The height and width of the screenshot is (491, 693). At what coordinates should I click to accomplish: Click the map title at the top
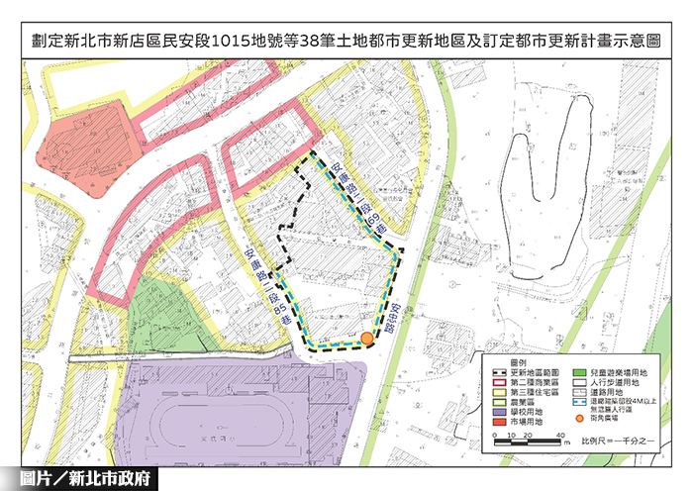(346, 44)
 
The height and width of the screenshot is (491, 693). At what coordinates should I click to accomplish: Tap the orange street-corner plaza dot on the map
(367, 339)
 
